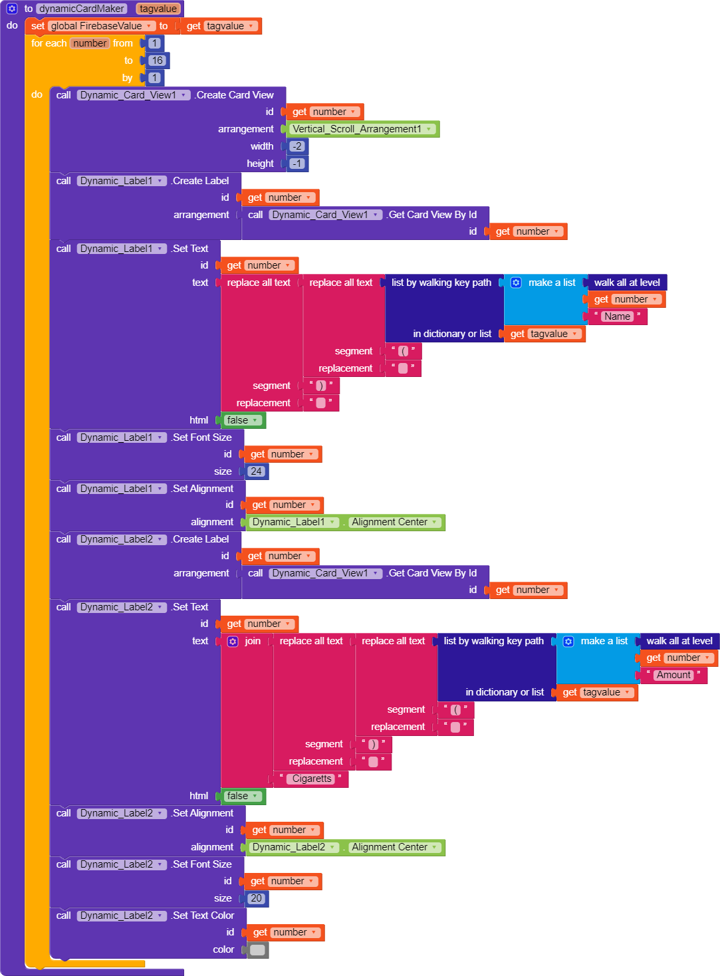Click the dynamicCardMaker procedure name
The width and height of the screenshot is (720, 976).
(x=82, y=9)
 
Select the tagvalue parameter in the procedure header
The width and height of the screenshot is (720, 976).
(x=158, y=9)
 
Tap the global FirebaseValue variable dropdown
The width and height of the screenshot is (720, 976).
(x=101, y=26)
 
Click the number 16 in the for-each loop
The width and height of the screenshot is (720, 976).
(x=157, y=61)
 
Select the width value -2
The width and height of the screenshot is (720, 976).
(x=297, y=146)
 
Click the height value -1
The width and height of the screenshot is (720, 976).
(x=297, y=164)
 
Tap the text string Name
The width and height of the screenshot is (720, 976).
(x=617, y=316)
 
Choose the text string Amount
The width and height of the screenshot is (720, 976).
(x=673, y=675)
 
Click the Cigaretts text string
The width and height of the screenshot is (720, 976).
(x=312, y=779)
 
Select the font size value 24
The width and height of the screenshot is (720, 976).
(x=256, y=471)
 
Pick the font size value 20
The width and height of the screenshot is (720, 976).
(x=256, y=898)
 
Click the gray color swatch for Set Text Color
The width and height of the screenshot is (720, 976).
(x=258, y=950)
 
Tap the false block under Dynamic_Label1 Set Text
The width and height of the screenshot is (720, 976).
(x=241, y=420)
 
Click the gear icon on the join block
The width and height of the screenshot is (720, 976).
(x=233, y=642)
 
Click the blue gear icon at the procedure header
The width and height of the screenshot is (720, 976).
(x=12, y=9)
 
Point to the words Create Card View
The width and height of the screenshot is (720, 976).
(x=235, y=95)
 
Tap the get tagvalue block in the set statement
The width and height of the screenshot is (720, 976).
(x=221, y=26)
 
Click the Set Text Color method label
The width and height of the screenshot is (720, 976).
(x=203, y=915)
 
